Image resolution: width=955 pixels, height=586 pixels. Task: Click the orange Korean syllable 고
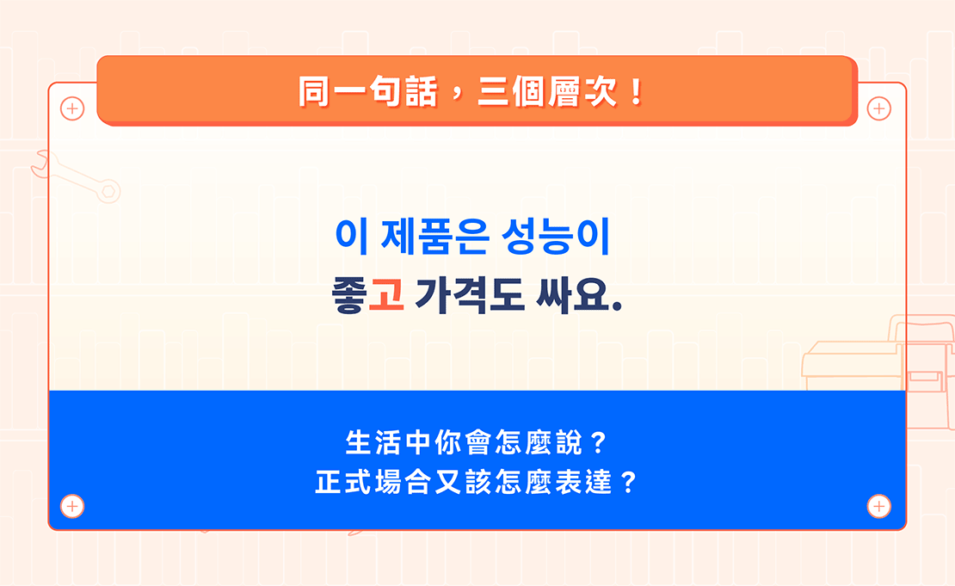386,295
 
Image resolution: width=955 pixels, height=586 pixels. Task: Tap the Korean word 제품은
435,237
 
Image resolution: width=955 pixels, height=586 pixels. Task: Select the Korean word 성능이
556,237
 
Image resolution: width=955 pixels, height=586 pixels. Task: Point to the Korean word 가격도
469,295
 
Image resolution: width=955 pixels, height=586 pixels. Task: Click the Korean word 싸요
579,295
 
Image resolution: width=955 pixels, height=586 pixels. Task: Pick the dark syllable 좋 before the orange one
349,295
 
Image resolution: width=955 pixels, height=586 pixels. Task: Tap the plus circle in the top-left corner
72,109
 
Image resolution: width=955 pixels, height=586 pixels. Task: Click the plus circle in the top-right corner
879,109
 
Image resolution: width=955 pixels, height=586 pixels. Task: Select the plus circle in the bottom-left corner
72,506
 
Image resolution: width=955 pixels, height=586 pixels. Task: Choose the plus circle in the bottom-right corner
879,506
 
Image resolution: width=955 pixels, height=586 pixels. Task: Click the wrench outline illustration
76,176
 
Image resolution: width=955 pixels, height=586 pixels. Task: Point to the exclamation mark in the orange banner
637,92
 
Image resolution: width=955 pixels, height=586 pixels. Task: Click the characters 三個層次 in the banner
547,92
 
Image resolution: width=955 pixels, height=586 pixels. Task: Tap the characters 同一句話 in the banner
368,92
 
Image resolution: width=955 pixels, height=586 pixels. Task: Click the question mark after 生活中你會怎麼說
599,443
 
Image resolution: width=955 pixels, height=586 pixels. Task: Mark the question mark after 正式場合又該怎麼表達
628,483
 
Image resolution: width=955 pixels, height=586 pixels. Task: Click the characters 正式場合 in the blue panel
373,483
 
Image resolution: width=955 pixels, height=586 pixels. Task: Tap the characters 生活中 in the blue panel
388,443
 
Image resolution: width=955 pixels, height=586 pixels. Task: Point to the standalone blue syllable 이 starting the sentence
351,237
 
